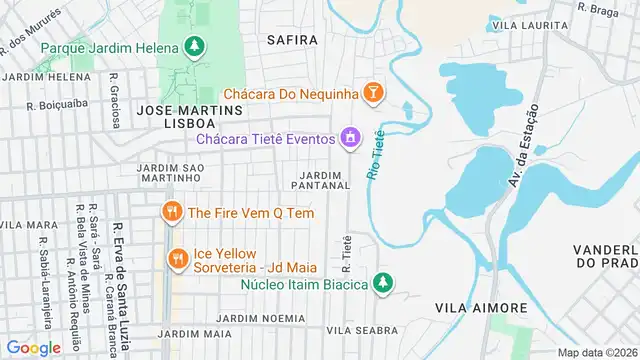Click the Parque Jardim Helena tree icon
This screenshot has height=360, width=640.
click(x=194, y=47)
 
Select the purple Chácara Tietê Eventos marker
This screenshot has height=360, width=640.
click(x=351, y=137)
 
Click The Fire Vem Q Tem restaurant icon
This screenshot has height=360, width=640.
click(x=171, y=211)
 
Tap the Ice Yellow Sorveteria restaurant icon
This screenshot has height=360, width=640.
click(x=178, y=258)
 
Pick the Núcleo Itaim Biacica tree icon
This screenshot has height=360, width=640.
click(x=381, y=283)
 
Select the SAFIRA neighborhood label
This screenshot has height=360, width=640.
click(x=292, y=40)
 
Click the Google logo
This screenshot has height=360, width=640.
click(x=33, y=347)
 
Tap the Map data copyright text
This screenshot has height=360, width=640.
click(x=597, y=352)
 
